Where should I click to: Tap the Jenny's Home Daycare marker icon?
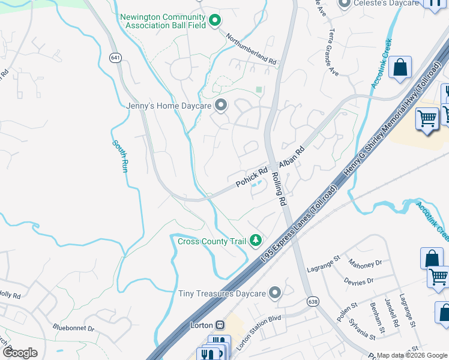point(221,106)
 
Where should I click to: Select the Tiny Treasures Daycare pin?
point(275,293)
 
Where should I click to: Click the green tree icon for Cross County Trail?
point(256,241)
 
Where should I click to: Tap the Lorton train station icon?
point(220,325)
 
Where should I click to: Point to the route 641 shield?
point(115,58)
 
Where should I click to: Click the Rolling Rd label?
point(280,188)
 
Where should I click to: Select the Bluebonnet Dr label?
point(73,328)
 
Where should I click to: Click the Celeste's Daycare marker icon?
point(344,4)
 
